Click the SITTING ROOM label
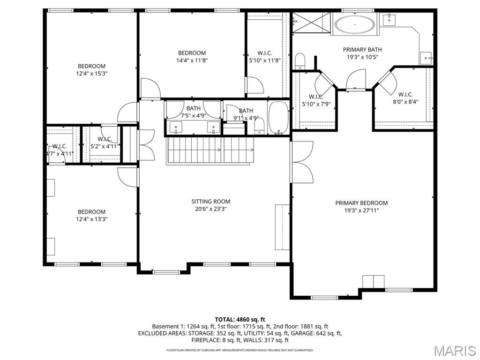coord(210,202)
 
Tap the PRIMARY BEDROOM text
coord(361,203)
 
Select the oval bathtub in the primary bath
coord(354,23)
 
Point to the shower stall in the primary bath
coord(311,21)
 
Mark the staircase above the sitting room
coord(210,150)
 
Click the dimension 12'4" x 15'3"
coord(91,73)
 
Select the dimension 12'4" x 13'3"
coord(91,219)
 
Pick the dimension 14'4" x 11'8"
coord(192,60)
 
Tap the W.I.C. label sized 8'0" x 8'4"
coord(405,94)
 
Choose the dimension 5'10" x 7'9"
coord(316,104)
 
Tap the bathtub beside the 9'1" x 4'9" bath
coord(279,118)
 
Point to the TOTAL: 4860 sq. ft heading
coord(240,319)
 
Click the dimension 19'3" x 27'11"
coord(361,210)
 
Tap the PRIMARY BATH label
coord(362,49)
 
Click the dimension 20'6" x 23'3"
coord(210,209)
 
